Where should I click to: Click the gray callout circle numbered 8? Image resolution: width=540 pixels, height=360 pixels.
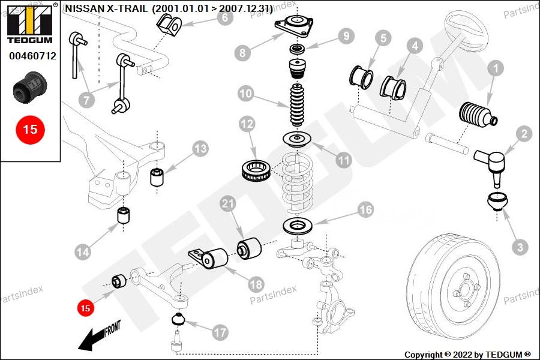(x=242, y=52)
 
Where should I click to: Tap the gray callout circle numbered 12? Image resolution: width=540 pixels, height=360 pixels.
(x=247, y=125)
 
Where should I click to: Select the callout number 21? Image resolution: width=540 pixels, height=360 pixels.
(x=227, y=205)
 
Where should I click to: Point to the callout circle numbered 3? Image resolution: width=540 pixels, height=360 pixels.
(x=520, y=246)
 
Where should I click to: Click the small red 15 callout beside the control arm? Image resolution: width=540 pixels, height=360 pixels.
(x=85, y=308)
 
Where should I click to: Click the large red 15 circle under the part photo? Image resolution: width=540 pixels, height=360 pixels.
(x=30, y=129)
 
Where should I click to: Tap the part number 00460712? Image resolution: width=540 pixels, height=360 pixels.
(x=32, y=56)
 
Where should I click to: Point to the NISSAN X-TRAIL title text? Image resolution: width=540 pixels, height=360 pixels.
(x=168, y=8)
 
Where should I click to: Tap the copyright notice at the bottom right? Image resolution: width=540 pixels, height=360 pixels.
(x=467, y=354)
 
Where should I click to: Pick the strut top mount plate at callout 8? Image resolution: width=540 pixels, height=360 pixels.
(x=294, y=28)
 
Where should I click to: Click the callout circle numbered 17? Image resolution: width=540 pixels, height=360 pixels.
(x=220, y=331)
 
